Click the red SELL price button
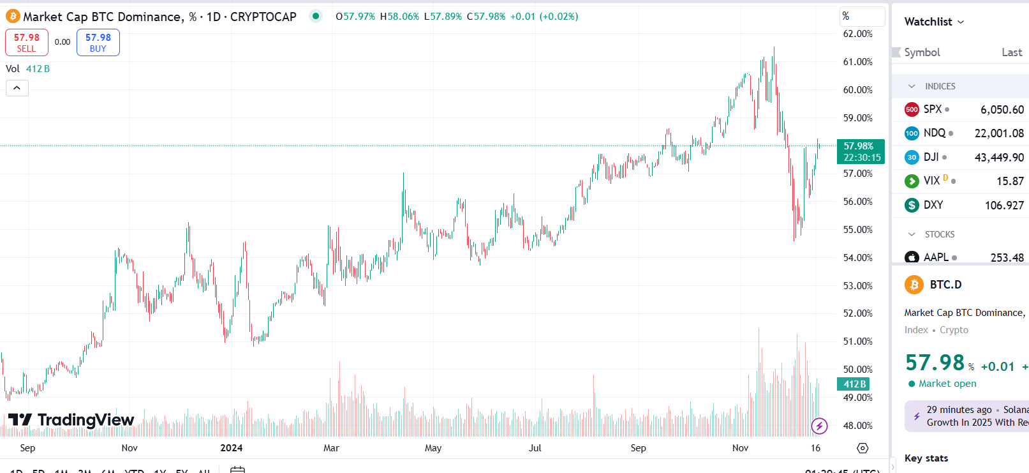pos(27,43)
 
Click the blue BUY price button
pos(98,43)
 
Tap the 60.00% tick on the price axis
pos(857,90)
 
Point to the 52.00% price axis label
pos(857,313)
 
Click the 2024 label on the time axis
pos(232,448)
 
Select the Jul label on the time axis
pos(535,448)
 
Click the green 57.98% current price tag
pos(861,151)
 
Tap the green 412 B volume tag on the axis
pos(854,384)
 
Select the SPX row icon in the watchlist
pos(912,109)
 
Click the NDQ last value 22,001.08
pos(999,133)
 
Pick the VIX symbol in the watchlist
pos(931,181)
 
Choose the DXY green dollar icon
pos(912,205)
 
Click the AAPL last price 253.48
pos(1007,257)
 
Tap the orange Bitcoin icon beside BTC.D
pos(914,285)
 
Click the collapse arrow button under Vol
pos(17,88)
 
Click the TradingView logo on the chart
pos(71,419)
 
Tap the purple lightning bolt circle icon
pos(819,425)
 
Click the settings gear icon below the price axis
pos(862,448)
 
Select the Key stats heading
pos(926,458)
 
